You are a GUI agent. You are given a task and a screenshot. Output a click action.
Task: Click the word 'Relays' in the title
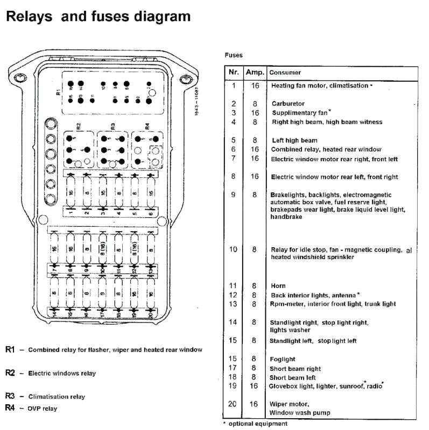click(x=29, y=17)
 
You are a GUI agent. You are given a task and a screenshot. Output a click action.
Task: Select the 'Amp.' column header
click(x=255, y=73)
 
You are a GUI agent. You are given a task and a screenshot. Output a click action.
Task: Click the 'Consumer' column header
click(x=285, y=73)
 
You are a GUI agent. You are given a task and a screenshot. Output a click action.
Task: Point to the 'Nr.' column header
click(x=234, y=73)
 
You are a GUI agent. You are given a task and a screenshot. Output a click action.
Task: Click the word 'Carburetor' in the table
click(x=288, y=104)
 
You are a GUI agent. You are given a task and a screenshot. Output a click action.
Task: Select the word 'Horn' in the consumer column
click(x=278, y=286)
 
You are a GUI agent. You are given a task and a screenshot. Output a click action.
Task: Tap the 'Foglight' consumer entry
click(x=284, y=359)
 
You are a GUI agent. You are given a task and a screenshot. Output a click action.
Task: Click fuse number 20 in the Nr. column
click(x=233, y=404)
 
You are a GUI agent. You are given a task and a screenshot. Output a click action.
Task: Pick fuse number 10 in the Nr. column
click(x=233, y=249)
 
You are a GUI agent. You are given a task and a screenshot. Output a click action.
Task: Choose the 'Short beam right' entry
click(x=296, y=369)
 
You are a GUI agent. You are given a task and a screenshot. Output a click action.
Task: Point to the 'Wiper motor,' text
click(x=290, y=404)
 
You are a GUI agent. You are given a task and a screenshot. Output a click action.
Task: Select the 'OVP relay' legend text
click(x=43, y=408)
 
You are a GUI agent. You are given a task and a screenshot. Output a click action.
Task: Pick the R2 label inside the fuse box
click(x=79, y=127)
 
